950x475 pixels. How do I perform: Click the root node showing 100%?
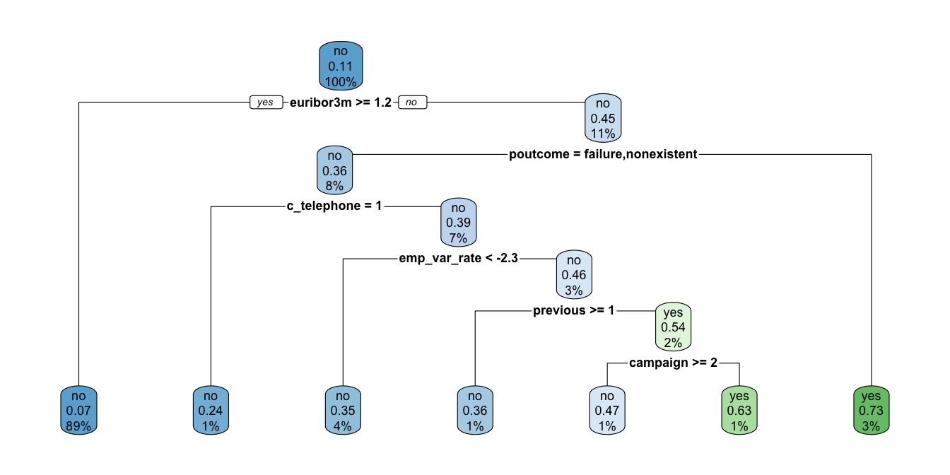click(x=341, y=66)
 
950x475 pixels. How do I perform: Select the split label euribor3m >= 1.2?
click(x=341, y=102)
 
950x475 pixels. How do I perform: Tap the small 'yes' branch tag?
click(x=266, y=102)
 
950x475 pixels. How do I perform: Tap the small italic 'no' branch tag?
click(x=411, y=102)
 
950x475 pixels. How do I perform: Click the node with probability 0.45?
click(x=603, y=119)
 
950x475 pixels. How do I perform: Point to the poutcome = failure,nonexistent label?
click(x=603, y=154)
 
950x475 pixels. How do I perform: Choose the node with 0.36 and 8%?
click(x=334, y=171)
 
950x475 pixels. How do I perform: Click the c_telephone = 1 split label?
click(x=334, y=206)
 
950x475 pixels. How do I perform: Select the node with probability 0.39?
click(x=458, y=223)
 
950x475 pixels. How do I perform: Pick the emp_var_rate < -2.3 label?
click(x=458, y=259)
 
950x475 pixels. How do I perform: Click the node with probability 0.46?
click(x=573, y=274)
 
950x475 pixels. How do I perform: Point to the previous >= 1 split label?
click(x=573, y=310)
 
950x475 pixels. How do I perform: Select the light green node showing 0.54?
click(x=673, y=327)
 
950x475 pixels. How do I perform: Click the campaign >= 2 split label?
click(x=673, y=363)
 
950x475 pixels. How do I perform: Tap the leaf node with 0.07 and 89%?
click(x=78, y=411)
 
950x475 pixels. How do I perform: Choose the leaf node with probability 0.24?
click(x=211, y=411)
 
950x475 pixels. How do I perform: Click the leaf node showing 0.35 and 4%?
click(x=343, y=411)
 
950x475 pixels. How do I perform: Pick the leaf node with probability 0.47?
click(x=607, y=411)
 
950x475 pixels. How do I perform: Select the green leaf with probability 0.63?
click(x=739, y=411)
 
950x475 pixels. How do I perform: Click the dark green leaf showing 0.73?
click(x=872, y=411)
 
